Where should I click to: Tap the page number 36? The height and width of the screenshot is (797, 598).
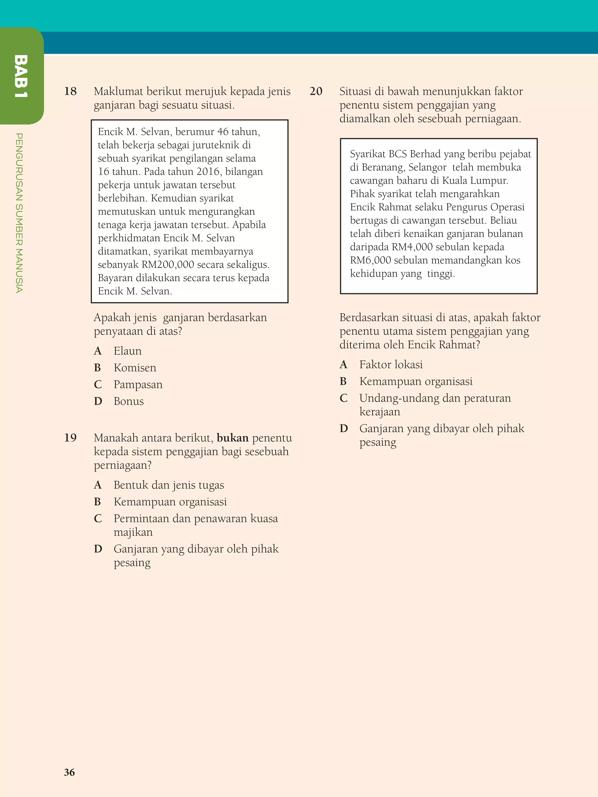tap(69, 772)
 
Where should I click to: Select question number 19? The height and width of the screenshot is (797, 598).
tap(70, 438)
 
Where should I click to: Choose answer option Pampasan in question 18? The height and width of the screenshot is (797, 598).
tap(138, 384)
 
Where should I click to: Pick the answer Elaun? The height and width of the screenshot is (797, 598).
tap(127, 351)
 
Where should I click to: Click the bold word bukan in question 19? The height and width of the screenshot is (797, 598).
tap(232, 438)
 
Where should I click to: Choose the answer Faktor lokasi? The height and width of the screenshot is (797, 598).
tap(391, 365)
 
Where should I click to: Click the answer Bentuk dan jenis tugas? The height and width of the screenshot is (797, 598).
tap(169, 485)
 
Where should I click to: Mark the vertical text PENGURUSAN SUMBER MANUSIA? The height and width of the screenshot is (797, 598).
tap(20, 212)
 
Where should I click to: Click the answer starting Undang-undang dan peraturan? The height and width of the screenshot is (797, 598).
tap(435, 398)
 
